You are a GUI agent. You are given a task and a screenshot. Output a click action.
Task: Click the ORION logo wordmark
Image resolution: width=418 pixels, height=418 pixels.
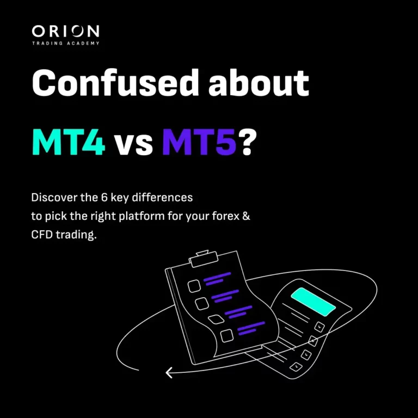[65, 31]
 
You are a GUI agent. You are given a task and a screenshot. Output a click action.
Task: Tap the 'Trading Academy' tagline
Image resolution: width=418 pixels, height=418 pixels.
[65, 43]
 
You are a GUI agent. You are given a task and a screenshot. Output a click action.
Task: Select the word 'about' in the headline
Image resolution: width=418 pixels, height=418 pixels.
[259, 83]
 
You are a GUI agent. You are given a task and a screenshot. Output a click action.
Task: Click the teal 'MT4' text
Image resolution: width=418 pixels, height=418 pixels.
[68, 142]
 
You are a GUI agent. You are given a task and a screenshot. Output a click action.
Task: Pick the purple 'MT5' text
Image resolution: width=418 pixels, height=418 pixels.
[199, 142]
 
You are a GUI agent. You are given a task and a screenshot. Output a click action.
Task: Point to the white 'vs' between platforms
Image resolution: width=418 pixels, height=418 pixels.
[133, 145]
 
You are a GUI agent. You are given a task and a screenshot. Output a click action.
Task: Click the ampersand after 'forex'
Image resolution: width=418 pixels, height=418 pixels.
[247, 216]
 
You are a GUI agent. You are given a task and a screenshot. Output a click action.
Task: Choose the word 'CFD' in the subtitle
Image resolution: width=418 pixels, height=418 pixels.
[41, 235]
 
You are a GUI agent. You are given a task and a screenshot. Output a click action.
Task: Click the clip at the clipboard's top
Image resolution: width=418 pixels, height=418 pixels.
[204, 259]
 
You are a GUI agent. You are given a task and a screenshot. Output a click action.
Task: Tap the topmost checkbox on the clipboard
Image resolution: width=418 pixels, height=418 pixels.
[194, 286]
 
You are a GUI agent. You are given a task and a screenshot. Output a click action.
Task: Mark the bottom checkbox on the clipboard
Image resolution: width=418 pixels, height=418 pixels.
[227, 336]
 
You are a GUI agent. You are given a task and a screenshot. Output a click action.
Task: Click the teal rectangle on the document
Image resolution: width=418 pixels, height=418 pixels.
[313, 302]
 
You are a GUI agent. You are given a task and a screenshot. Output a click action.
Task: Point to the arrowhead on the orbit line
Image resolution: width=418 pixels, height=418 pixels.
[170, 372]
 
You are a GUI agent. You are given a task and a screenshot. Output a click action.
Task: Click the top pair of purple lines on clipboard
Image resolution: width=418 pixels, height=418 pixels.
[217, 279]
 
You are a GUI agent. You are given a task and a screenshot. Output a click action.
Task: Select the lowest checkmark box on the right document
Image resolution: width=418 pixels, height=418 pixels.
[296, 367]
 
